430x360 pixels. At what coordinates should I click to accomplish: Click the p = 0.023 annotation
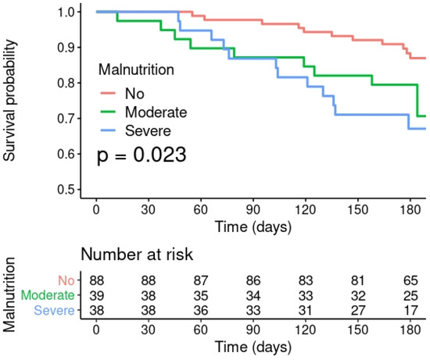pos(141,155)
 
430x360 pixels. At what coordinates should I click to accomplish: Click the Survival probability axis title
pos(10,102)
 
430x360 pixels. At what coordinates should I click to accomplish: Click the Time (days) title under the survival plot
pos(253,228)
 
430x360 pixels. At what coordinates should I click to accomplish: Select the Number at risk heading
pos(136,255)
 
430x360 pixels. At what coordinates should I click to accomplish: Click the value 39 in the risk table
pos(96,295)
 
